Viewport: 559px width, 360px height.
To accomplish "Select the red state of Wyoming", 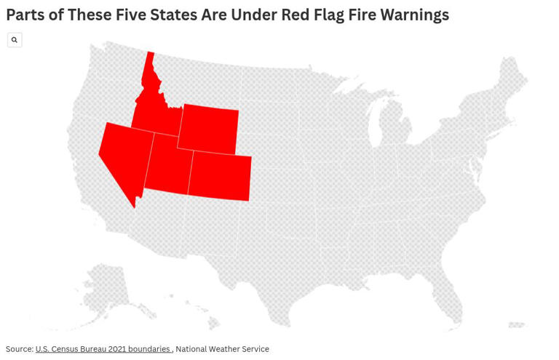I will coord(208,129).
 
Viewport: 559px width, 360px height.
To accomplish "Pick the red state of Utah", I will coord(169,167).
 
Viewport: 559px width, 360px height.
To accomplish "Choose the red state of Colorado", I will coord(220,177).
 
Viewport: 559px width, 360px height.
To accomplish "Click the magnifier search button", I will coord(15,40).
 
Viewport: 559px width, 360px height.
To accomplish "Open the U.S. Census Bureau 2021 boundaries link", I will coord(103,349).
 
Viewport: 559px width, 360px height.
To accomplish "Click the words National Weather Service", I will coord(222,349).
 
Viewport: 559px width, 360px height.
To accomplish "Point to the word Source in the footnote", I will coord(19,349).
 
